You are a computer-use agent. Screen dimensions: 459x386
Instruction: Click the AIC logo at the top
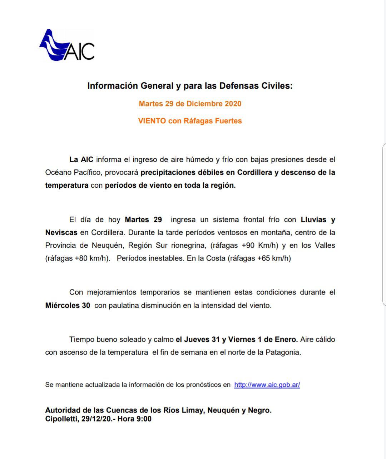[67, 45]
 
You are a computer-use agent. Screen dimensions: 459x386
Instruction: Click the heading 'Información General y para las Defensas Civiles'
[190, 86]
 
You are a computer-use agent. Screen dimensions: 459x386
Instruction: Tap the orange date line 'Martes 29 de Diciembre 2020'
[190, 104]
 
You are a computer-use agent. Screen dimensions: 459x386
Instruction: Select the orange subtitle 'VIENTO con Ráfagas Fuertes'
[190, 121]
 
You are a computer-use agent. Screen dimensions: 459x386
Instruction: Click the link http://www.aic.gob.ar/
[267, 385]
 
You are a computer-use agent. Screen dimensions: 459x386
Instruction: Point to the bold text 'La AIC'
[81, 159]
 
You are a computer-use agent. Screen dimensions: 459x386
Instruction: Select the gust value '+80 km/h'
[91, 258]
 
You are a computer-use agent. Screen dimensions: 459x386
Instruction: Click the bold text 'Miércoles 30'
[68, 305]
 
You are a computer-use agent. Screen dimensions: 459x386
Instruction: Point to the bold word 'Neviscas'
[61, 232]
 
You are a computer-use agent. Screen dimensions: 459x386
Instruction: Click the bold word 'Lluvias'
[313, 219]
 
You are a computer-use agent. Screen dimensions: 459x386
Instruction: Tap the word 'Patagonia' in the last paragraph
[282, 352]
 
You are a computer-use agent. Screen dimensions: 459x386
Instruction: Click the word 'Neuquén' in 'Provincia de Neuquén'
[108, 245]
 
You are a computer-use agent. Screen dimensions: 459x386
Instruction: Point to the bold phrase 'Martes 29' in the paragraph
[143, 219]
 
